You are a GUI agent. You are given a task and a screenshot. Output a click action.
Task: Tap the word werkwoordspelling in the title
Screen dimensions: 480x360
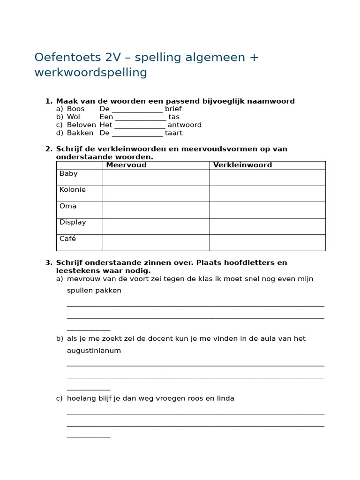(90, 73)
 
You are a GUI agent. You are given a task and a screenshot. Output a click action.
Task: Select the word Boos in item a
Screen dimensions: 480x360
(76, 109)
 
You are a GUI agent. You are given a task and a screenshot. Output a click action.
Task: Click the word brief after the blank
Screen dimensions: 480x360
(173, 109)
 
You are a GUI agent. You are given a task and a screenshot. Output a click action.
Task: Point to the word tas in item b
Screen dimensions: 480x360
(174, 117)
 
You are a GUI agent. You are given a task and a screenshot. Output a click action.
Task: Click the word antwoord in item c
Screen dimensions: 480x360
(185, 125)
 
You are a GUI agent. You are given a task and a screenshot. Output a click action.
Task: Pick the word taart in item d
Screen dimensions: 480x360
(174, 133)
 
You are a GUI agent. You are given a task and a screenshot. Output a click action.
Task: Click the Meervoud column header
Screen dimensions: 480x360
(126, 165)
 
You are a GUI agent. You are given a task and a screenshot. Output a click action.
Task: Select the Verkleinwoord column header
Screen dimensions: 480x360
(242, 165)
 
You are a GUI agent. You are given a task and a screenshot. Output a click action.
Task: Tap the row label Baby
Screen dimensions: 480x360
(68, 173)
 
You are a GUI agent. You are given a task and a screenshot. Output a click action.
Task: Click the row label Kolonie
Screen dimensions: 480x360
(73, 189)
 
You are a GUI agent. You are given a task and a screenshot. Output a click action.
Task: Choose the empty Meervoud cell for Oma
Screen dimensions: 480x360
(156, 210)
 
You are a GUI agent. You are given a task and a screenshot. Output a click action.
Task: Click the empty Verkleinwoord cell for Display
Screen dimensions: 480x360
(267, 226)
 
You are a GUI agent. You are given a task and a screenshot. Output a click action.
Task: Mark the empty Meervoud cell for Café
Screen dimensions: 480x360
(156, 242)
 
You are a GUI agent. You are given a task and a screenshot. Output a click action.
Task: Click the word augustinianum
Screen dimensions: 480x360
(94, 351)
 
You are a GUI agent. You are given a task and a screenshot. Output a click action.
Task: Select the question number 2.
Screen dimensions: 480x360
(48, 149)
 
